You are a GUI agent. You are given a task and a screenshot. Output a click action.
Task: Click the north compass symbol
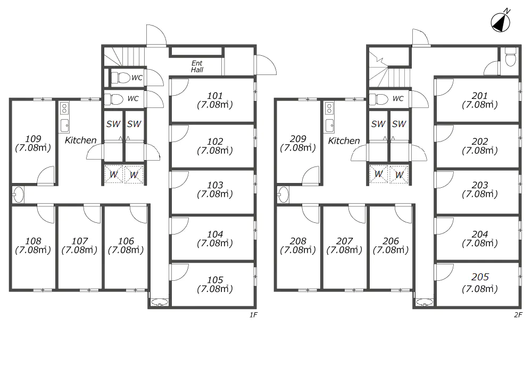(x=501, y=22)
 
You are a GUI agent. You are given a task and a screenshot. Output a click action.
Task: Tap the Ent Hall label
(x=197, y=66)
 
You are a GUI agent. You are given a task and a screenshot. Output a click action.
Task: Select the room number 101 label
(x=215, y=96)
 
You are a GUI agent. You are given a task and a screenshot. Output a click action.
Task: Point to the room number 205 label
(x=480, y=277)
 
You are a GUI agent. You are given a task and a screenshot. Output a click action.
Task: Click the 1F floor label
(x=253, y=315)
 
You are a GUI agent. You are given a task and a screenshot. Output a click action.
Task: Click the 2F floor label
(x=518, y=315)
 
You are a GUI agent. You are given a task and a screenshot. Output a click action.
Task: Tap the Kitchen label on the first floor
(x=80, y=140)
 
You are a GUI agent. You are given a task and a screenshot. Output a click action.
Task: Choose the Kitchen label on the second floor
(x=344, y=141)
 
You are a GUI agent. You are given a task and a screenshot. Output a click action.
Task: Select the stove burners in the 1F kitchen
(x=64, y=109)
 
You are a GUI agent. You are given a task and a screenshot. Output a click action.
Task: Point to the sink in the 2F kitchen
(x=329, y=126)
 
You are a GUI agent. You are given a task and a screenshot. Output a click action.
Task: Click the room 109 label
(x=33, y=139)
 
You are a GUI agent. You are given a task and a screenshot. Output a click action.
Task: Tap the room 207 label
(x=344, y=241)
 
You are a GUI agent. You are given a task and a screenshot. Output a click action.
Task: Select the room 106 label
(x=126, y=241)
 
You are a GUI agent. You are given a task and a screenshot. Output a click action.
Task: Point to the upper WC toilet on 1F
(x=121, y=78)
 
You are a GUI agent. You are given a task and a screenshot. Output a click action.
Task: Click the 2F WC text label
(x=397, y=99)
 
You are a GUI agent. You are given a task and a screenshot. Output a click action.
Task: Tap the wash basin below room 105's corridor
(x=159, y=302)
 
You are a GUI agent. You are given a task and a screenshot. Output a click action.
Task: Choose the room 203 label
(x=479, y=185)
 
